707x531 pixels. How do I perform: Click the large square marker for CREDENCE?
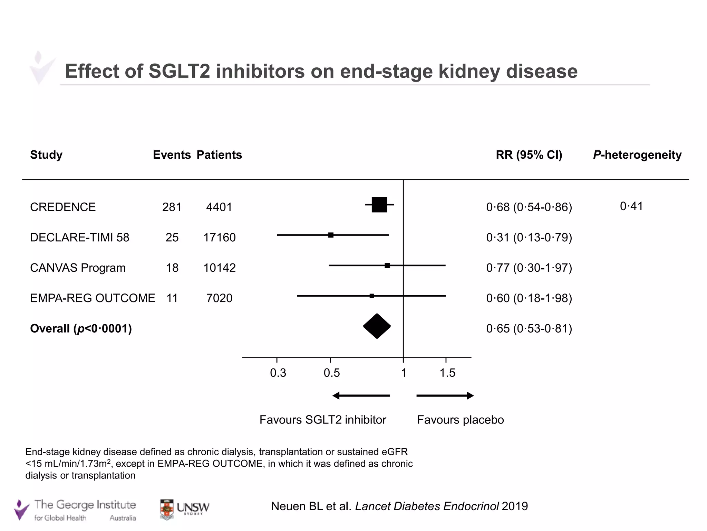[x=379, y=205]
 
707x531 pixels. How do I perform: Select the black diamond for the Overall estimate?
[x=377, y=326]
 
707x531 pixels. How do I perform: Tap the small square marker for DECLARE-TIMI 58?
[x=331, y=235]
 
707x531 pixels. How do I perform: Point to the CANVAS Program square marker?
[x=387, y=265]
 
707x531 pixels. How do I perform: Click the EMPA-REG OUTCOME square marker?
[x=372, y=296]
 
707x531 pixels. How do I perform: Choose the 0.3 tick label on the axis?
[x=278, y=373]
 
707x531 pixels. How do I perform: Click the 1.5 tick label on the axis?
[x=447, y=373]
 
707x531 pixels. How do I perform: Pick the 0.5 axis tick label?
[x=332, y=373]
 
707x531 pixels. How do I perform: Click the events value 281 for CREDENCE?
[x=172, y=207]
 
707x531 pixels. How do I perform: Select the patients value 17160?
[x=220, y=237]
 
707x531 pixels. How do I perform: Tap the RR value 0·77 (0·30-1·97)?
[x=529, y=268]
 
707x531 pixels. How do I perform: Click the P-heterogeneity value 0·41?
[x=631, y=206]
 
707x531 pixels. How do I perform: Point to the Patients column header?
[x=219, y=155]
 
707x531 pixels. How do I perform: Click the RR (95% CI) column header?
[x=529, y=155]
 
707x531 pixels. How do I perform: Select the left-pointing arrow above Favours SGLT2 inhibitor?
[x=361, y=396]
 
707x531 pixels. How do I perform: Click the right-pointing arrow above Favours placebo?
[x=445, y=396]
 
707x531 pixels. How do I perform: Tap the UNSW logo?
[x=185, y=509]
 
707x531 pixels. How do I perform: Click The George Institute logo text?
[x=85, y=505]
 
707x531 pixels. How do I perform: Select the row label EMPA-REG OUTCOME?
[x=93, y=298]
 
